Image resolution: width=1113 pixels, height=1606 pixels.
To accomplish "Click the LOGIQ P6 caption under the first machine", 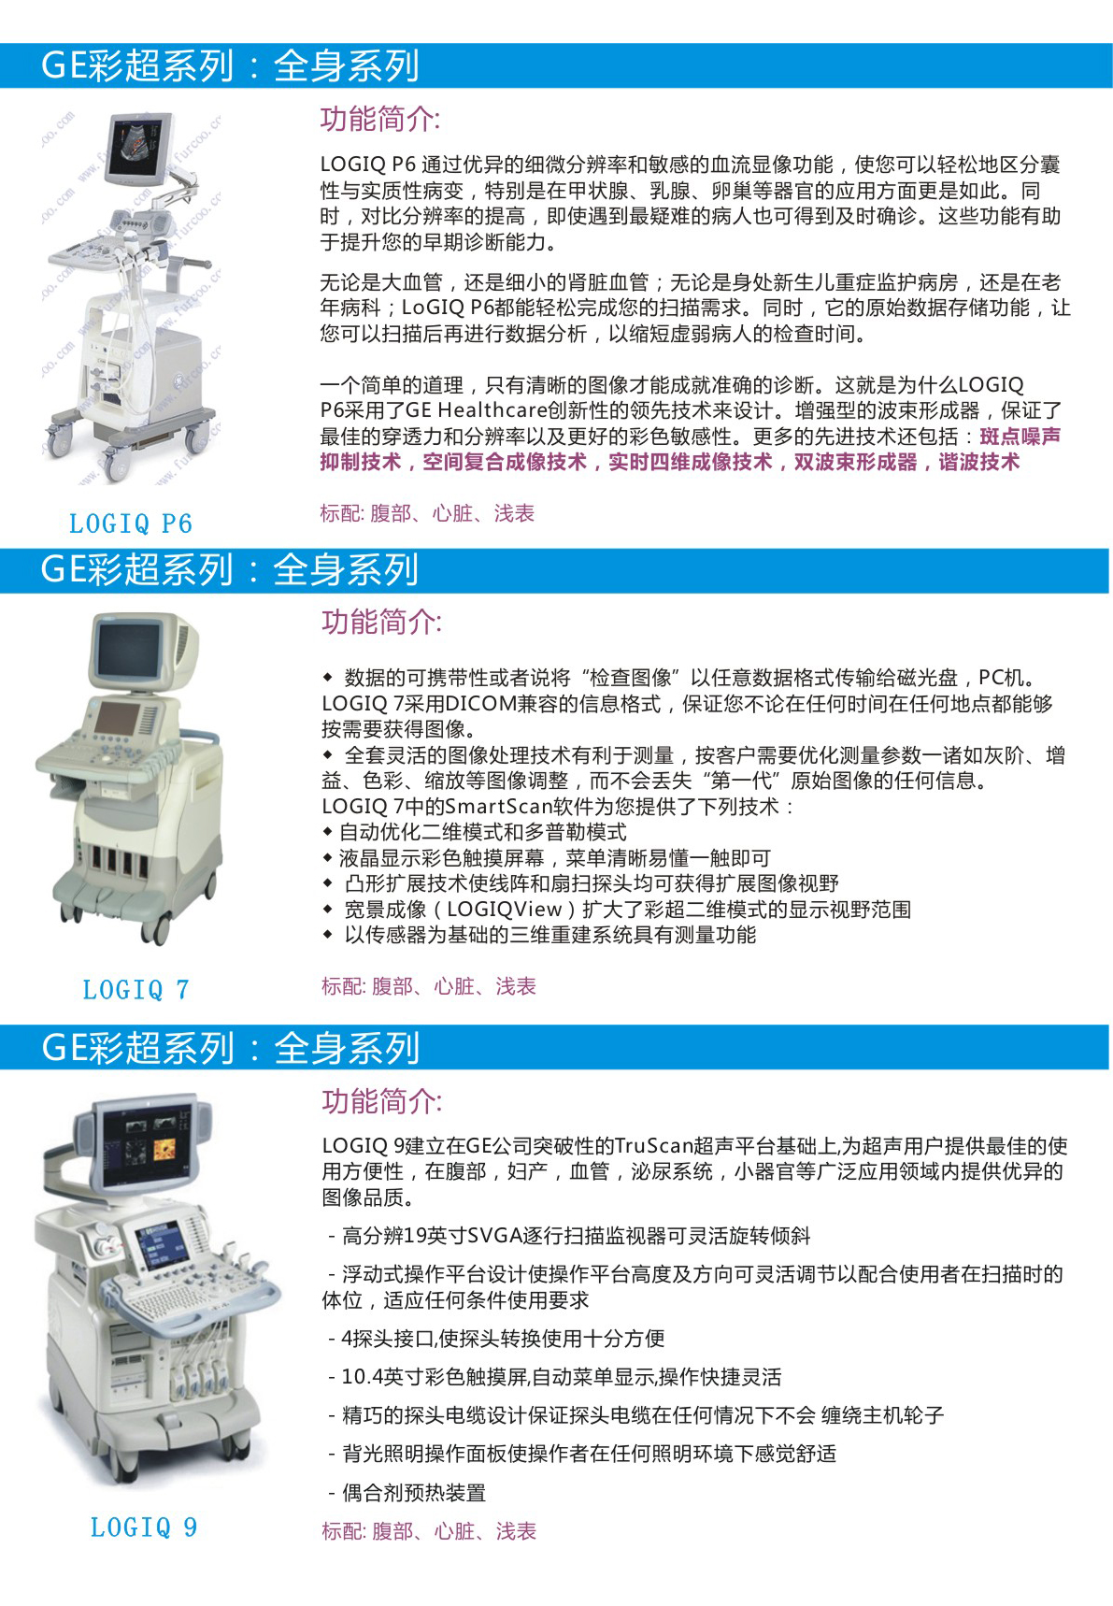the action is tap(131, 523).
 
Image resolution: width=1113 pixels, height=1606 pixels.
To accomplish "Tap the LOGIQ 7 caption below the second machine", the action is tap(136, 990).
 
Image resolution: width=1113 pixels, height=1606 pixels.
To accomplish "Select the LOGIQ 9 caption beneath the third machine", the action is tap(144, 1527).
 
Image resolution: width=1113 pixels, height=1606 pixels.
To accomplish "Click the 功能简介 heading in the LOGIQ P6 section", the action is tap(380, 119).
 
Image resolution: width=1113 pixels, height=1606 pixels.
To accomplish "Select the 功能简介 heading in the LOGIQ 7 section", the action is tap(381, 622).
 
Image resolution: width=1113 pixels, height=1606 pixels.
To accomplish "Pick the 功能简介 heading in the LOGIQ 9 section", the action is tap(381, 1101).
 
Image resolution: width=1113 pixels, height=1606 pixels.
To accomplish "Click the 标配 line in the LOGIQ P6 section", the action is tap(427, 513).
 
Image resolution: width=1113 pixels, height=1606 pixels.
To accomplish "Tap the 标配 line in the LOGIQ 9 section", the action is tap(429, 1531).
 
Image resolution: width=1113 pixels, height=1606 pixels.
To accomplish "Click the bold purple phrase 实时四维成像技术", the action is tap(691, 462).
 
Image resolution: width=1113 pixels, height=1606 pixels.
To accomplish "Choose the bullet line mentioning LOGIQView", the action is tap(617, 910).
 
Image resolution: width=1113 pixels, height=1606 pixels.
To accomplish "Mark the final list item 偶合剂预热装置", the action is tap(407, 1493).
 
